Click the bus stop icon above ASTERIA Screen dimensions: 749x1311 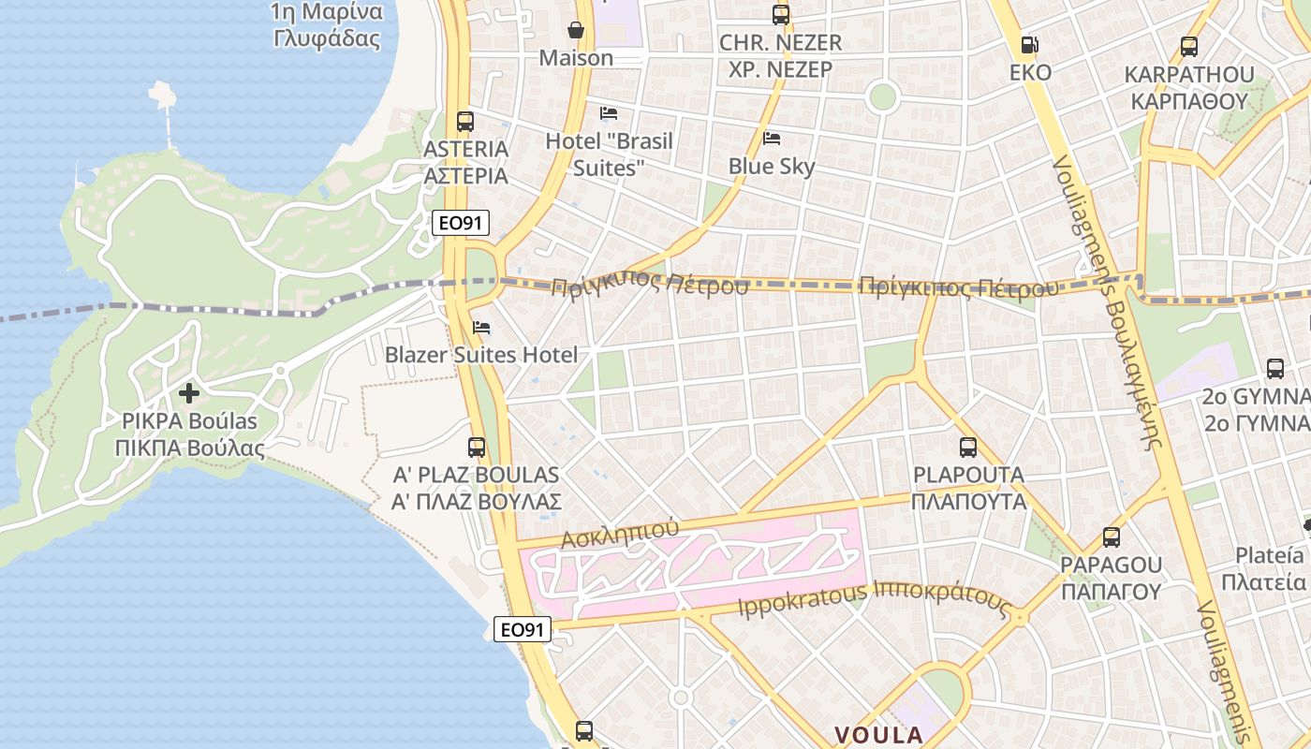465,121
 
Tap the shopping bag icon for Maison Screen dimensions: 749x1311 576,31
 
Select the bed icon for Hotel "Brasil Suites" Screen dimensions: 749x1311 609,113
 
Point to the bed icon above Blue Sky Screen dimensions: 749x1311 772,139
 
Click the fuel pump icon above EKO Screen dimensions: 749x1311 1029,44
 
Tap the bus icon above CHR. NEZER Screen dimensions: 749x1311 780,14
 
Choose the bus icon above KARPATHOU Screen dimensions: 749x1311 1189,46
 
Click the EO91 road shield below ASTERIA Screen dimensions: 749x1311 461,223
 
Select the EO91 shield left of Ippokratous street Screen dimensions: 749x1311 522,629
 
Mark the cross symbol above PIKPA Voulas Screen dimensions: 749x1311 189,393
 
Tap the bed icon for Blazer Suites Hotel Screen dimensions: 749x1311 481,328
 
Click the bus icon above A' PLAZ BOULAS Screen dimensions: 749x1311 477,448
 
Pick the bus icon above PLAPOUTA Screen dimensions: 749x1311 968,448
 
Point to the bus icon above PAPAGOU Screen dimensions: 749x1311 1112,537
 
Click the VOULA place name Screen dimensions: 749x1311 878,734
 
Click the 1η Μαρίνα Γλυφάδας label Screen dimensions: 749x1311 327,25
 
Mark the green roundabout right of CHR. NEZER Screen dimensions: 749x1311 881,95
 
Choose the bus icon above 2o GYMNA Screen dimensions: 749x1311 1275,369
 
